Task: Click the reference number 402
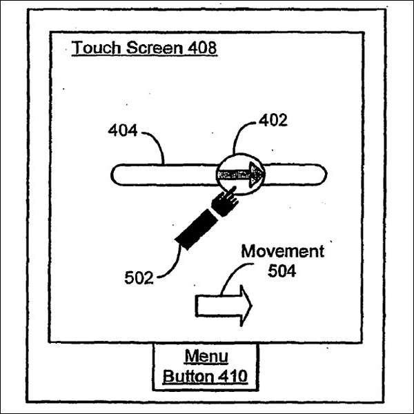[273, 120]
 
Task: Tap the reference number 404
[123, 130]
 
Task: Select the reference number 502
[139, 278]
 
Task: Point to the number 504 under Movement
[282, 271]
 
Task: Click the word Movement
[282, 251]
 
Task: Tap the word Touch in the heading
[96, 48]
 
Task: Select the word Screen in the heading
[155, 48]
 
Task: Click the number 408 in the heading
[202, 48]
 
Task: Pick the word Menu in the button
[206, 357]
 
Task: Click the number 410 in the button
[233, 376]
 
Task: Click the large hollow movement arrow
[224, 306]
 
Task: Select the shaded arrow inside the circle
[240, 175]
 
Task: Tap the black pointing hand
[225, 201]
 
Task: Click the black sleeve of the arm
[196, 229]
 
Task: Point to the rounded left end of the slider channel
[112, 175]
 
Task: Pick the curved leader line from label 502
[175, 266]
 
